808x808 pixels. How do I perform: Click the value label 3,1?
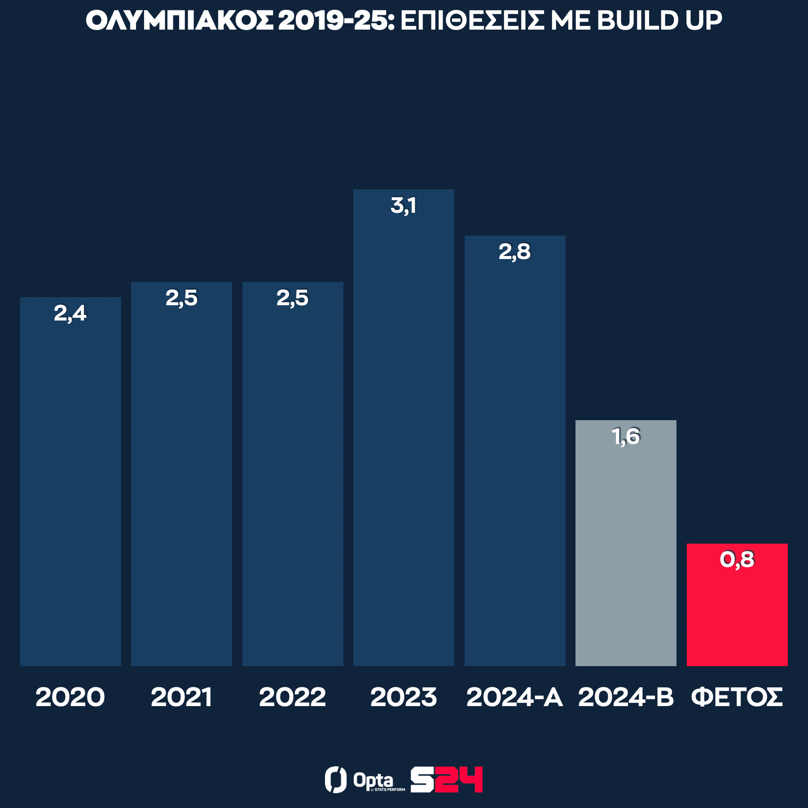coord(404,206)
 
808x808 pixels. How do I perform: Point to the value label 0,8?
coord(737,560)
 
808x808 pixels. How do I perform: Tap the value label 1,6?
coord(626,436)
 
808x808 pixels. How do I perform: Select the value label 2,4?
coord(70,313)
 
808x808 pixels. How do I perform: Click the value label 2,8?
coord(514,252)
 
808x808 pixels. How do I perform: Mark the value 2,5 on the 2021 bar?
coord(181,298)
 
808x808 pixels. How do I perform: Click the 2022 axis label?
coord(292,697)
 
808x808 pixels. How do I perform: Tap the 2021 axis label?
coord(181,697)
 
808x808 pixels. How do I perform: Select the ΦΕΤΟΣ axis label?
coord(737,697)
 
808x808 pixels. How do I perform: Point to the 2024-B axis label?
coord(626,697)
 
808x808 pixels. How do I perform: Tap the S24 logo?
coord(447,780)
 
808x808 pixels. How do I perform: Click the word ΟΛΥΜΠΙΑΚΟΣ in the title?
coord(179,21)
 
